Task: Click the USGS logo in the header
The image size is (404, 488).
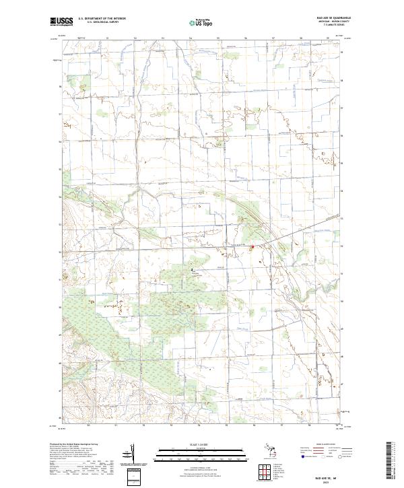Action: click(x=61, y=22)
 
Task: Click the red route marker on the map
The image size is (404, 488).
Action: click(x=252, y=248)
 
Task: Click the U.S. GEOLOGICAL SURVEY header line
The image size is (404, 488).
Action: click(x=97, y=22)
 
